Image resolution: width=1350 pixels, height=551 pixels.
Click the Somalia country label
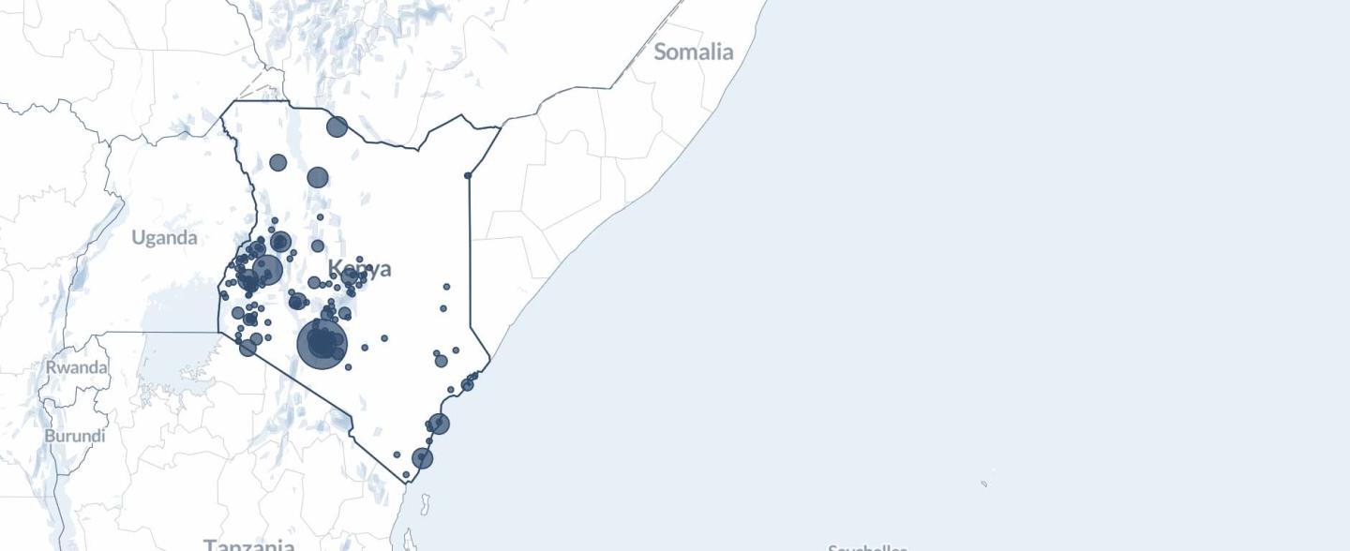tap(693, 52)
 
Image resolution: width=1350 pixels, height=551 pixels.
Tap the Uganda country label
tap(164, 237)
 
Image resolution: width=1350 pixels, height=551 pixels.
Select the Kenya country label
tap(360, 270)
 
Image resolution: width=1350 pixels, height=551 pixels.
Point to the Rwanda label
tap(77, 367)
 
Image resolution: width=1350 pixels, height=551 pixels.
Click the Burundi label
tap(75, 436)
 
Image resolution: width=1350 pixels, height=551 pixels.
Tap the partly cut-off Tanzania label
tap(249, 544)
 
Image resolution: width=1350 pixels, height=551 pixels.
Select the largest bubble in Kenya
tap(322, 344)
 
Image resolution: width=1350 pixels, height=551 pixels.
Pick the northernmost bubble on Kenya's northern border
tap(337, 127)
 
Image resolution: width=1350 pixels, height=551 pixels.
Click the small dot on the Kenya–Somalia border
tap(468, 175)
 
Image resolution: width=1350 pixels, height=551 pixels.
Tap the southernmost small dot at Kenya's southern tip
tap(406, 475)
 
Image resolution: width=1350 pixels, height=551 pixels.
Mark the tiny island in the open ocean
tap(983, 484)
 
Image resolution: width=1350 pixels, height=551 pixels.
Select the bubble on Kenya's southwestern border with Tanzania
tap(247, 348)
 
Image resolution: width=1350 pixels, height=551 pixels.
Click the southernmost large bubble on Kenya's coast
tap(423, 458)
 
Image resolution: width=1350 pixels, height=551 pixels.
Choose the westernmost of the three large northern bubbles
tap(277, 162)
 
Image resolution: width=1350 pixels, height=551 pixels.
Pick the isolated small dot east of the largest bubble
tap(384, 338)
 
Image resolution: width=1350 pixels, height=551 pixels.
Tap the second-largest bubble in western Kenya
tap(267, 270)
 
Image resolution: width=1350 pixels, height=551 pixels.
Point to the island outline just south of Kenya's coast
tap(426, 506)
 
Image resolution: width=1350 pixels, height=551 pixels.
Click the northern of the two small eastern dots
tap(447, 287)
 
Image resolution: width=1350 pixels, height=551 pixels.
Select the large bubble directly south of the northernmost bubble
tap(318, 177)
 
